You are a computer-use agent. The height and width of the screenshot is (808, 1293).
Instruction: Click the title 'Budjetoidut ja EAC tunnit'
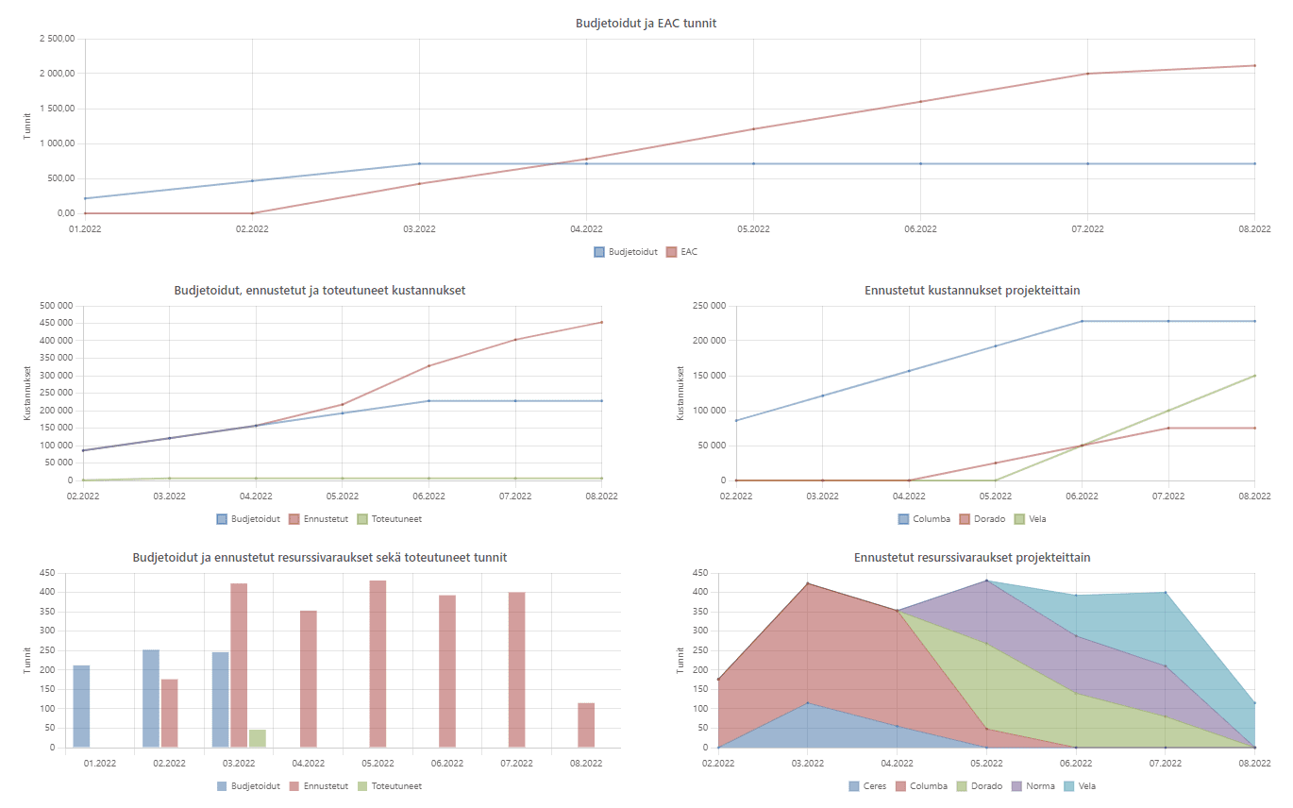(x=646, y=23)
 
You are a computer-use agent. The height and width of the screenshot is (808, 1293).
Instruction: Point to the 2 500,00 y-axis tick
(x=57, y=39)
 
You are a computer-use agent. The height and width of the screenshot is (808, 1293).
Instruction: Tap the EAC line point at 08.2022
(x=1254, y=65)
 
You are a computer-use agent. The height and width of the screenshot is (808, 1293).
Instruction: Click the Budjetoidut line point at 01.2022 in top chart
(x=85, y=198)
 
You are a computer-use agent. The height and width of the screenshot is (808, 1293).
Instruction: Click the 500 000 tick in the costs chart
(x=53, y=306)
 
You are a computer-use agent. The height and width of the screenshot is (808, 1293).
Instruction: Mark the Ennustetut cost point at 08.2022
(x=602, y=323)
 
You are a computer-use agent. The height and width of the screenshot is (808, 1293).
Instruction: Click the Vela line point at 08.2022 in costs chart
(x=1254, y=376)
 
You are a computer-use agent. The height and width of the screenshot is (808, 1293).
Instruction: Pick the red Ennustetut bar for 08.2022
(x=586, y=725)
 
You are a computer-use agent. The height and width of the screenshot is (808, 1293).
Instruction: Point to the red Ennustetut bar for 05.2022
(x=378, y=664)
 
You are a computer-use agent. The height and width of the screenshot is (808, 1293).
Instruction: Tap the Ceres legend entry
(x=867, y=785)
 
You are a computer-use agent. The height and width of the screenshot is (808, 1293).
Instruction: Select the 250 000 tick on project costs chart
(x=708, y=306)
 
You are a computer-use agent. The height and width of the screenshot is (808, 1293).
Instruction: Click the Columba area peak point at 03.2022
(x=807, y=583)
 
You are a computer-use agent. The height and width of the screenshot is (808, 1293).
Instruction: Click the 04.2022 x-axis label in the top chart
(x=586, y=229)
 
